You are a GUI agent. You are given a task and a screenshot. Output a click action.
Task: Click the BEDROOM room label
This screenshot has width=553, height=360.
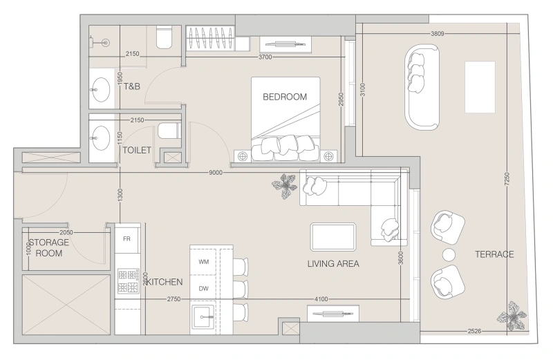pos(284,97)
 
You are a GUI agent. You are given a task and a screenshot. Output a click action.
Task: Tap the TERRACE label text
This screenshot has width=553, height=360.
pos(494,254)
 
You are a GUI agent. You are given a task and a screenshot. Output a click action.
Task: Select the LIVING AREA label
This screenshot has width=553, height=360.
pos(333,264)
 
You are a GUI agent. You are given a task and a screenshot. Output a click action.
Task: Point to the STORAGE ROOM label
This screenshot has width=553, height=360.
pos(48,248)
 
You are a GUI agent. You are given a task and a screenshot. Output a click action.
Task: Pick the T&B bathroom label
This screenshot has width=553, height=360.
pos(133,87)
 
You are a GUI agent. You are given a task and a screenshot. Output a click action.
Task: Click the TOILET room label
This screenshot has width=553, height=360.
pos(137,150)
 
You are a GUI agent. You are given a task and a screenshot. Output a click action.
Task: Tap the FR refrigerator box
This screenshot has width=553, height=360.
pos(127,238)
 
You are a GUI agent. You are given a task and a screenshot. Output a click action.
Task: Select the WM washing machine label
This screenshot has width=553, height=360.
pos(203,262)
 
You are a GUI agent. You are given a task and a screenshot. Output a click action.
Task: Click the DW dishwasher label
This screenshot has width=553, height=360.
pos(203,288)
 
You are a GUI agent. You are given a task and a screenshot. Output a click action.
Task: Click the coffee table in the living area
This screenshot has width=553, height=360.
pos(333,236)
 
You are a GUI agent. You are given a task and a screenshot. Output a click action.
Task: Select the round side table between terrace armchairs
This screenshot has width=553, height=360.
pos(449,254)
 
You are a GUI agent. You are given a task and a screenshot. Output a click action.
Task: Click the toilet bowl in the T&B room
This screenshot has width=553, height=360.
pos(164,38)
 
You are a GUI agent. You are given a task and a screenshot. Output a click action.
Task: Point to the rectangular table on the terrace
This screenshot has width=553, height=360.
pos(480,86)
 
